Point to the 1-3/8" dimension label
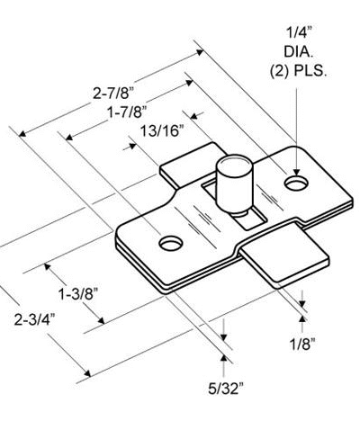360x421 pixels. pyautogui.click(x=78, y=294)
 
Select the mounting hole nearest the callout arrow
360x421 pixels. pyautogui.click(x=295, y=183)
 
